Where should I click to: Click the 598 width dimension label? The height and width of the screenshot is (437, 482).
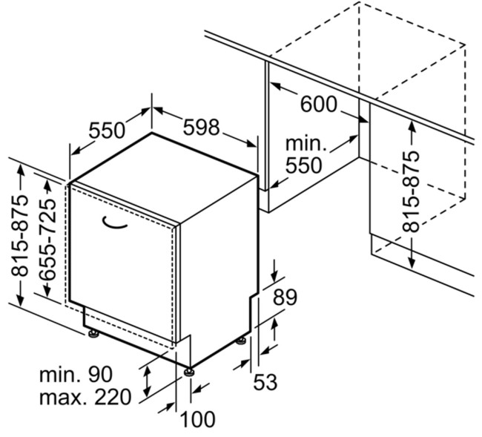point(202,127)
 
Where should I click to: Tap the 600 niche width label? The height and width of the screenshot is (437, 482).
point(318,104)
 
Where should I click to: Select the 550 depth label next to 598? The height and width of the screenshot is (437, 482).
point(107,130)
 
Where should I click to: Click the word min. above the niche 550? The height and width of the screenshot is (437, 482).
point(306,143)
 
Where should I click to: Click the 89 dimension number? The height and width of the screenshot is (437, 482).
point(285,297)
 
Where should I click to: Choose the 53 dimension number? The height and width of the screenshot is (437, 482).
point(265,381)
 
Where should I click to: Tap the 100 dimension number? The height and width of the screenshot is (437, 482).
point(197,419)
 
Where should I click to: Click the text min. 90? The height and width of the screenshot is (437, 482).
point(76,374)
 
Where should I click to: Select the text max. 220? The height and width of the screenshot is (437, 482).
point(85,397)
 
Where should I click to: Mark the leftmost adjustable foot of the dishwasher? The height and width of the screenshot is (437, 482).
point(93,333)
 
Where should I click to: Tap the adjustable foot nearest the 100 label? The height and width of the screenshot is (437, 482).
point(188,372)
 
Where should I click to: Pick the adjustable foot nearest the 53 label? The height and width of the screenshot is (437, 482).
point(241,341)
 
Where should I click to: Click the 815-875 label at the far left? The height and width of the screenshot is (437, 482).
point(19,235)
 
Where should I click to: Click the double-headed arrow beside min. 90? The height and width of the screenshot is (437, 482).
point(148,381)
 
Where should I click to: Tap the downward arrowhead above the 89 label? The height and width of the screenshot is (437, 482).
point(274,276)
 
